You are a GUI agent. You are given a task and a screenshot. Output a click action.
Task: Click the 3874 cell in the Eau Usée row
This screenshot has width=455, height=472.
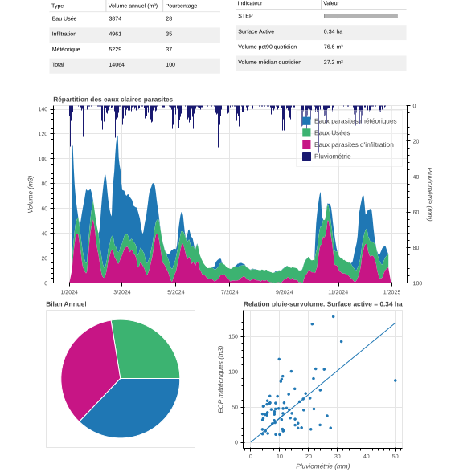coord(115,18)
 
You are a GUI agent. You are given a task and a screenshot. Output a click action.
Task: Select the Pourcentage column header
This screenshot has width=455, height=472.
coord(181,6)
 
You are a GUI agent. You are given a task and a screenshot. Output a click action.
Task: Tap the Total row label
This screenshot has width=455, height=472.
coord(58,64)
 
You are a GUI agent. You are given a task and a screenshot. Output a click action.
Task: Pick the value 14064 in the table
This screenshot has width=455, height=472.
coord(117,64)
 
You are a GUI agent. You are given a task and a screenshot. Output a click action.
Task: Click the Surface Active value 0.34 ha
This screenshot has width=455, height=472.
coord(333,31)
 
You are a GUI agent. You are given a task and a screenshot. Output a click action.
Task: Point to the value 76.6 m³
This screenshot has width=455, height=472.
coord(334,47)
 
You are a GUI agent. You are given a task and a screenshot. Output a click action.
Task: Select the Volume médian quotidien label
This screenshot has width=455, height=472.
coord(269,62)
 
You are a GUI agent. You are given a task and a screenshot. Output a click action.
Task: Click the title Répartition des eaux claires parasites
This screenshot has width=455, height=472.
coord(113,100)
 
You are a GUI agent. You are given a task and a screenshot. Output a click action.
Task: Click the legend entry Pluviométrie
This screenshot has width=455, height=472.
coord(331,157)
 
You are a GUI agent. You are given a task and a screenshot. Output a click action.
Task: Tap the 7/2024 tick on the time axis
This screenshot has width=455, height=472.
coord(230,292)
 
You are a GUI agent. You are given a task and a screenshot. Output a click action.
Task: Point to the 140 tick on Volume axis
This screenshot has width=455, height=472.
coord(43,109)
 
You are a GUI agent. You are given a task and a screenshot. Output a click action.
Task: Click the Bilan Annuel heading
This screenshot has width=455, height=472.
coord(66,304)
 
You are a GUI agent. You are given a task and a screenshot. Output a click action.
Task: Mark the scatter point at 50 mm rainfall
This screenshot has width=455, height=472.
coord(395,380)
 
